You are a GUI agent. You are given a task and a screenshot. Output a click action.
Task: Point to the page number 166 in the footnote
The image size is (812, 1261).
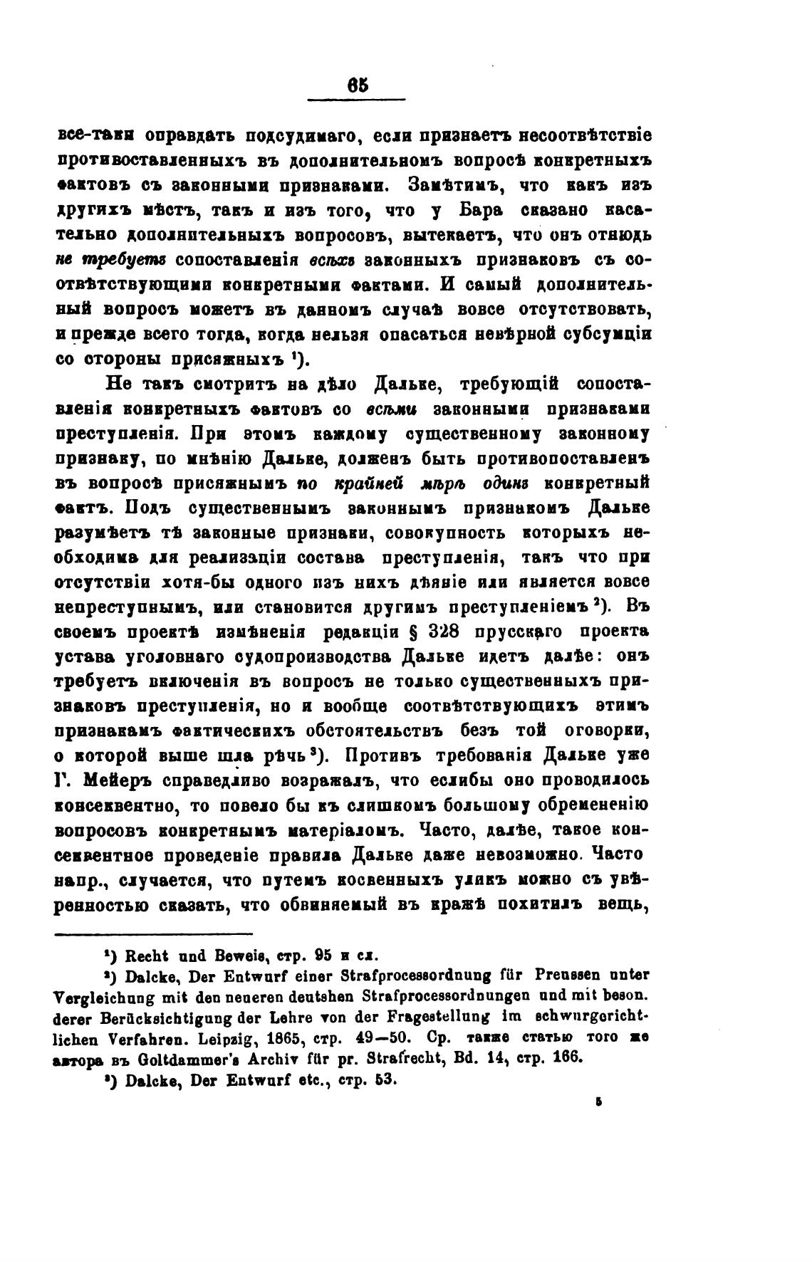pyautogui.click(x=567, y=1057)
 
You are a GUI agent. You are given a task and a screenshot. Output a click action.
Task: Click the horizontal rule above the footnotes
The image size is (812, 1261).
pyautogui.click(x=154, y=934)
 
